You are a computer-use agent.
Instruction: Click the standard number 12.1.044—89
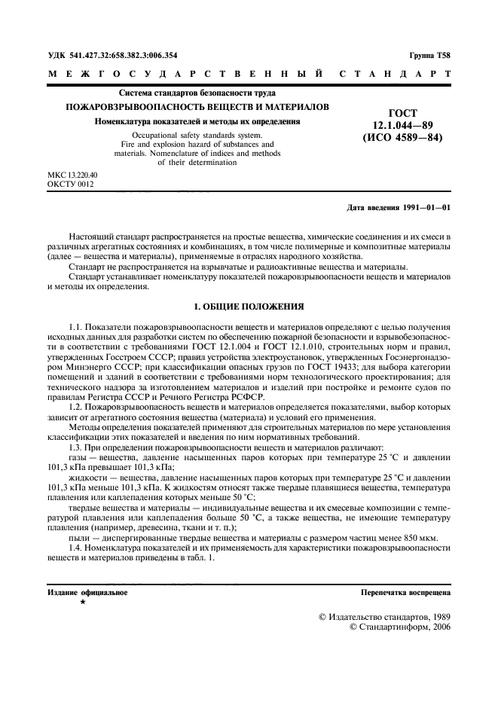coord(403,124)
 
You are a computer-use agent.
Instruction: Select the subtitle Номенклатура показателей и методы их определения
coord(198,121)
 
